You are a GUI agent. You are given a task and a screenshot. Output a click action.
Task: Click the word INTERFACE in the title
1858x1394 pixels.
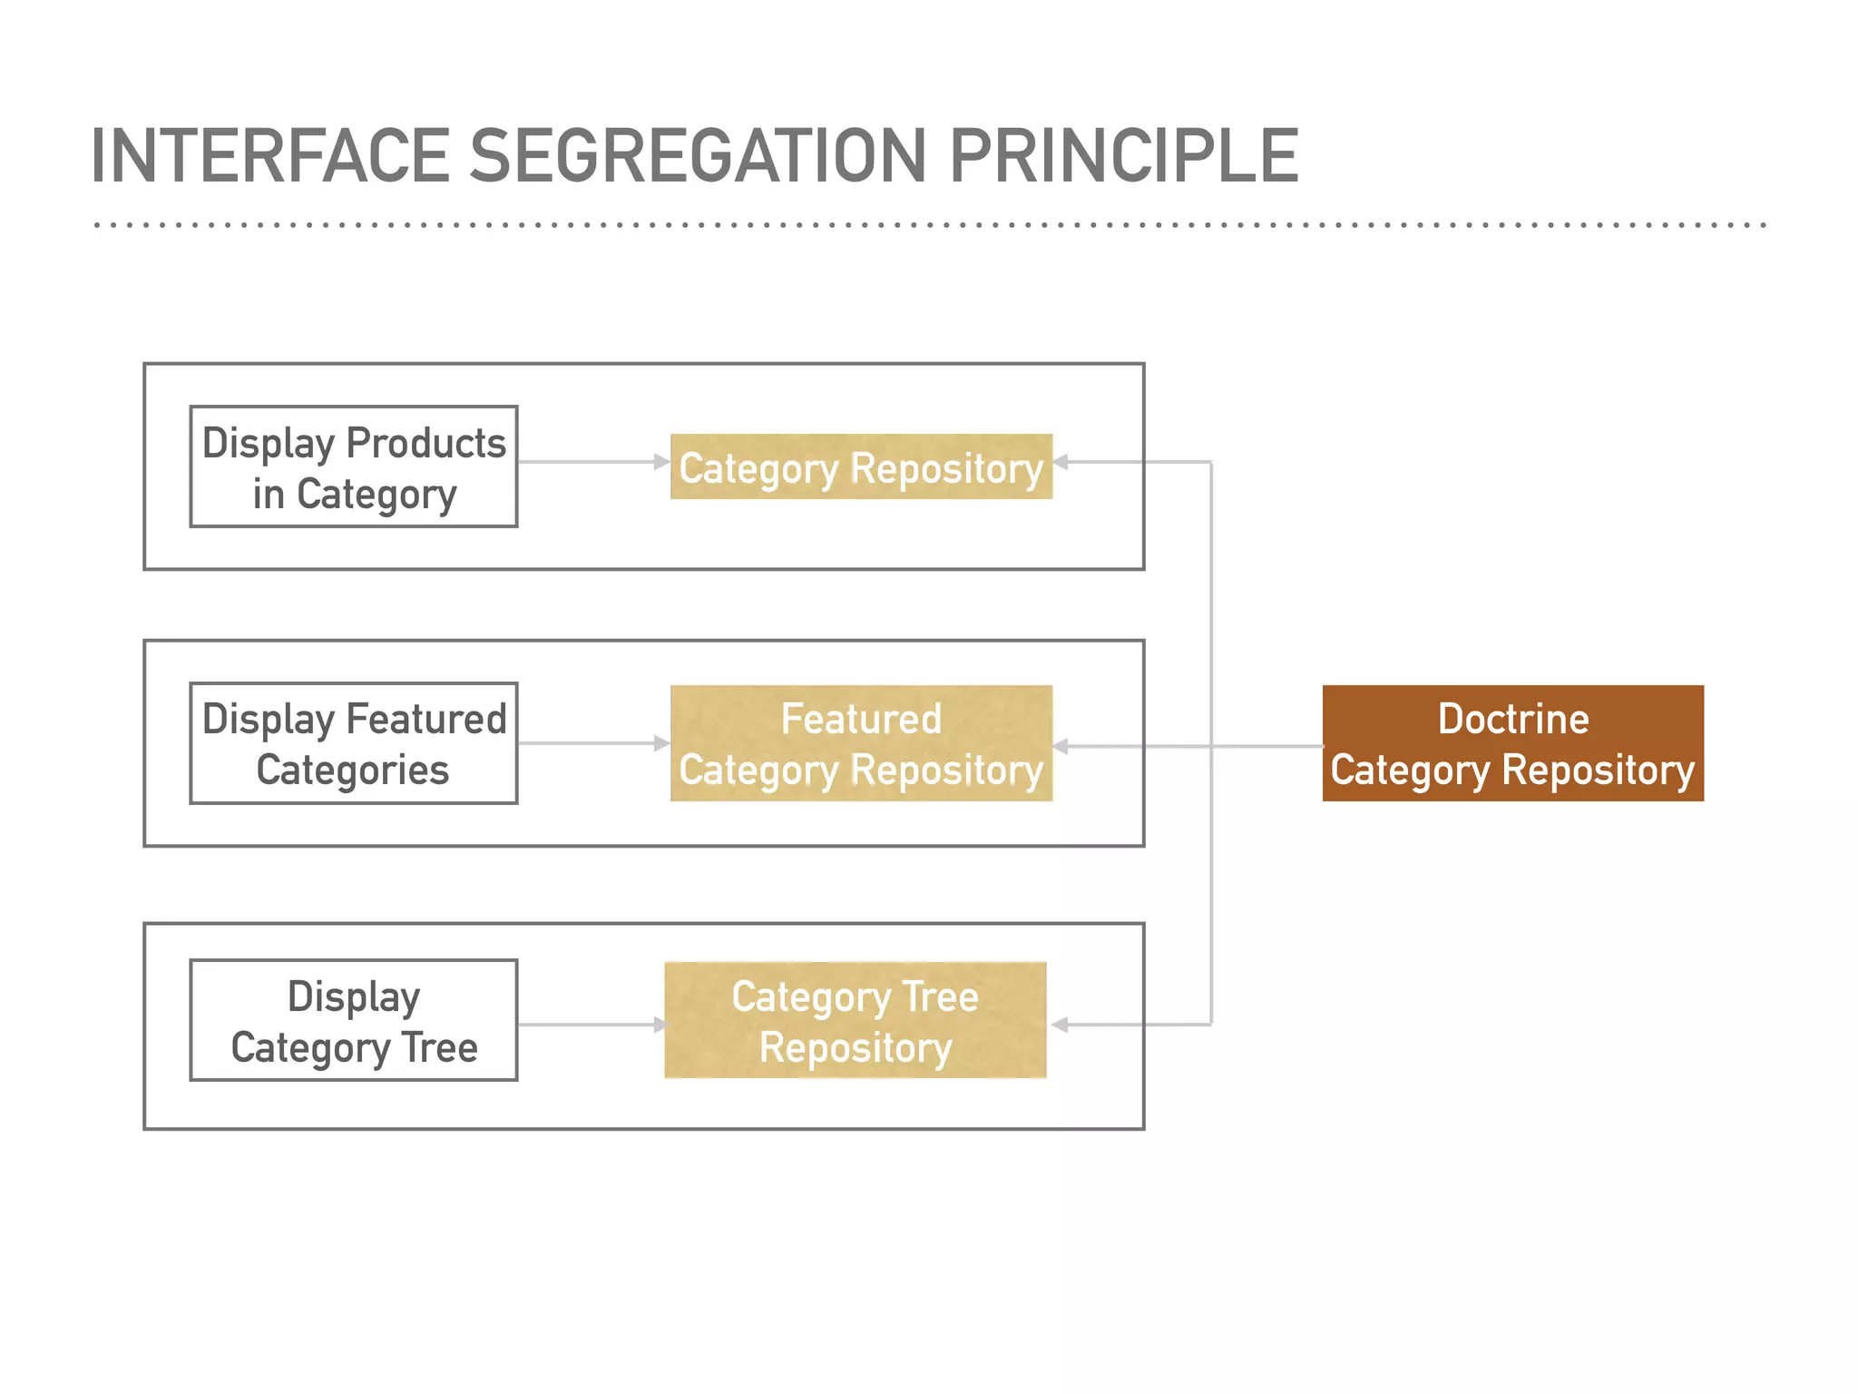click(269, 156)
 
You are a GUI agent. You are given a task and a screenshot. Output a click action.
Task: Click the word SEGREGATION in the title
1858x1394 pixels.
click(698, 156)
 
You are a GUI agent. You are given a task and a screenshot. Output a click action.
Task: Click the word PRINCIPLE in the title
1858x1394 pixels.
click(1123, 156)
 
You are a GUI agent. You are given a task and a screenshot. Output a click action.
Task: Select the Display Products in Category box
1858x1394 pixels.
click(354, 466)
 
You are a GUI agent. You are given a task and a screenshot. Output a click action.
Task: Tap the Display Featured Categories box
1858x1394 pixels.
click(354, 743)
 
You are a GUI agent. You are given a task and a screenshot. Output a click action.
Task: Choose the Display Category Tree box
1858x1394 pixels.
click(354, 1020)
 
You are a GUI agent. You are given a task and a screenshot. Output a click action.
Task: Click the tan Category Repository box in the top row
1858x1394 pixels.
click(861, 467)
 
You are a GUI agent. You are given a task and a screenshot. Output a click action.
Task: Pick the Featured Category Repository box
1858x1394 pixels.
click(861, 743)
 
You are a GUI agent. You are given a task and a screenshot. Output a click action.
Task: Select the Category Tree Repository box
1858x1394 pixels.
click(856, 1020)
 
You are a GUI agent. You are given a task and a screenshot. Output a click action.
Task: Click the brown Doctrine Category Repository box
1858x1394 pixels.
click(1512, 743)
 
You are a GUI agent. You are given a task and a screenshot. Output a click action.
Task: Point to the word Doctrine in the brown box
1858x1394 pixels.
click(1513, 719)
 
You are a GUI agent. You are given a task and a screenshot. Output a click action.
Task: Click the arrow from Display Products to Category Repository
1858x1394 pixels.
click(590, 462)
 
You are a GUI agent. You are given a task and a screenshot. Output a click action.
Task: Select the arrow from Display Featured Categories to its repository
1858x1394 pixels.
click(590, 743)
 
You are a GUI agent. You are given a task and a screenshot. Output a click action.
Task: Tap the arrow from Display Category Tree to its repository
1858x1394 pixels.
click(590, 1025)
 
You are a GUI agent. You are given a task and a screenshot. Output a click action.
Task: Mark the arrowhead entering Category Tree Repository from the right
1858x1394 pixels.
click(1060, 1025)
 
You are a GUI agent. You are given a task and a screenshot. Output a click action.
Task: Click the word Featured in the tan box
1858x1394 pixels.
click(861, 719)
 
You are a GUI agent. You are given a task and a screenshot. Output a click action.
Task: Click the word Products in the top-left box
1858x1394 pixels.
click(425, 443)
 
